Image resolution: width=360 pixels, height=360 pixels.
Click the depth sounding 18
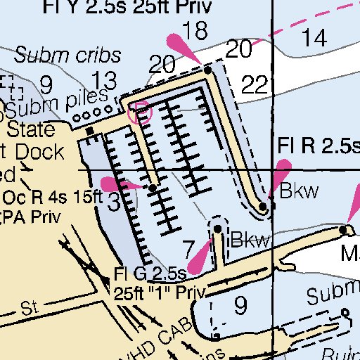(199, 30)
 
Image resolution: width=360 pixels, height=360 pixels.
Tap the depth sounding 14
(319, 38)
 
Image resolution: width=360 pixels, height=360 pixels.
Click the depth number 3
(113, 203)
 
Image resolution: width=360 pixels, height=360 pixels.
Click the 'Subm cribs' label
(67, 55)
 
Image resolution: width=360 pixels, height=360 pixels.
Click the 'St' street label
(28, 307)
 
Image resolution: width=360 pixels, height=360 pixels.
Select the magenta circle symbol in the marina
(141, 112)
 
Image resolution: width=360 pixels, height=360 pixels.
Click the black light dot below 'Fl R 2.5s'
(262, 207)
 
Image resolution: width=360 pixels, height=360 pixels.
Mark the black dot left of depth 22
(207, 70)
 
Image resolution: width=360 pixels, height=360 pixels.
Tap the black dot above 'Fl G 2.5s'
(218, 229)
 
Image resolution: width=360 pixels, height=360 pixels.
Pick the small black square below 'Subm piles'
(89, 131)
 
